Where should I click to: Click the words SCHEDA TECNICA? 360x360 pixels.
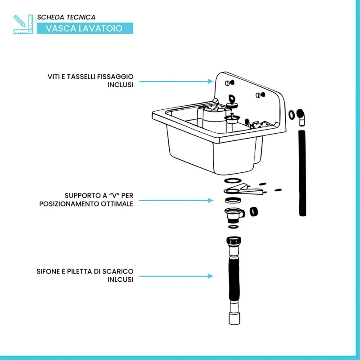(x=66, y=17)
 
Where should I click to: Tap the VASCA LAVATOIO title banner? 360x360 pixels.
(x=85, y=28)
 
